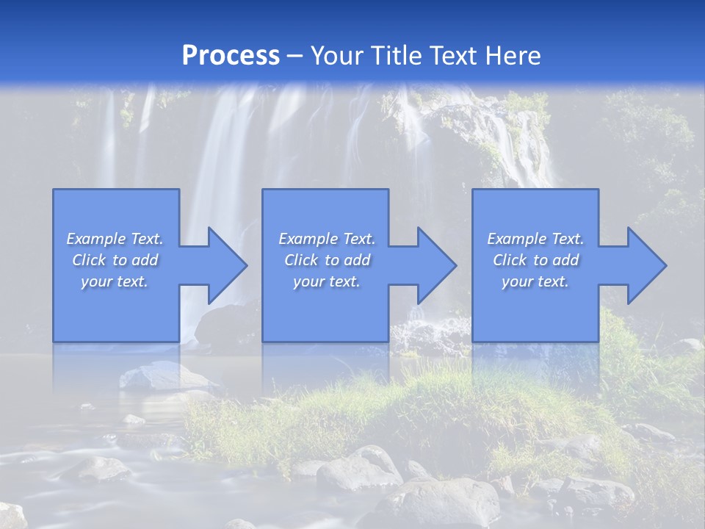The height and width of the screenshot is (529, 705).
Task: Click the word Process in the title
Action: [x=231, y=56]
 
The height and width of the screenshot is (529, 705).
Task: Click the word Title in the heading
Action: [x=395, y=56]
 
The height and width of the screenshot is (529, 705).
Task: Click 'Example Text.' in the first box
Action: [x=115, y=239]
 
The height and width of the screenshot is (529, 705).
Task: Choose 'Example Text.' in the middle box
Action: [x=326, y=239]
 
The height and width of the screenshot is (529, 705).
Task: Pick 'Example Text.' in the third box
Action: [x=535, y=239]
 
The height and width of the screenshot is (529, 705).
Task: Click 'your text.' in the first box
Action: [x=115, y=281]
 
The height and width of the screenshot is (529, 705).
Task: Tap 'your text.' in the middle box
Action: [x=326, y=281]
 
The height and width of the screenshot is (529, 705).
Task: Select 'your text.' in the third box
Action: [x=535, y=281]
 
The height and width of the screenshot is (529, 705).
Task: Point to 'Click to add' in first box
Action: [x=115, y=260]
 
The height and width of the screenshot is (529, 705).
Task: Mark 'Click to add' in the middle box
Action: [x=326, y=260]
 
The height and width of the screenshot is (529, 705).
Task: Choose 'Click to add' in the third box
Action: [x=535, y=260]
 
